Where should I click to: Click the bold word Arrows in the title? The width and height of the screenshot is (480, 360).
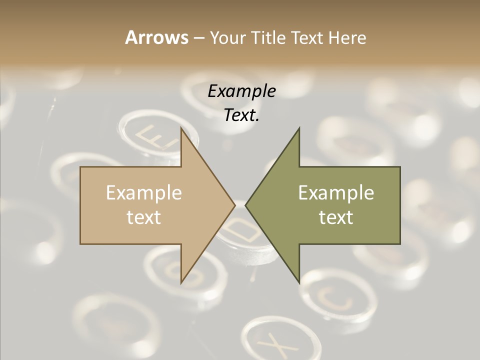[156, 37]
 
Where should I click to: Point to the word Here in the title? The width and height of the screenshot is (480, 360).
[347, 37]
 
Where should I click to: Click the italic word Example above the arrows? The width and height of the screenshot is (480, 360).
[241, 91]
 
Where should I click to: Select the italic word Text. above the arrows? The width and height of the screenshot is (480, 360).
[241, 115]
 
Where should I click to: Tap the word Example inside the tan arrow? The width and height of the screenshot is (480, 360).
[144, 192]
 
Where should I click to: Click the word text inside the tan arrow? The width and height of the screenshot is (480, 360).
[144, 217]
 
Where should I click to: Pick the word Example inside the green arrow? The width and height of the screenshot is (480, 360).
[336, 192]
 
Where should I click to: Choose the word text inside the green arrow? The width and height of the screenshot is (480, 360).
[336, 217]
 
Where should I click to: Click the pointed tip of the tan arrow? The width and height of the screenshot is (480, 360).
[234, 205]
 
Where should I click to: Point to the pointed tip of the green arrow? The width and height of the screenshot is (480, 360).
[246, 205]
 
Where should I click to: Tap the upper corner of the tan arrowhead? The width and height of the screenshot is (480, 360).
[181, 128]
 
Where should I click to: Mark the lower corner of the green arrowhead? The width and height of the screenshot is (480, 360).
[299, 282]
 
